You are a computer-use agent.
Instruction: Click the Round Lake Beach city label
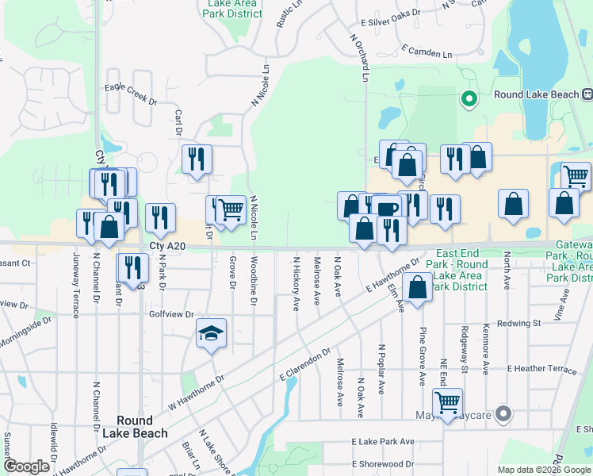tap(140, 427)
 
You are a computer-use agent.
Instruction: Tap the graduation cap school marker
tap(212, 334)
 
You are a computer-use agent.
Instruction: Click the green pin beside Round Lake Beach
tap(468, 99)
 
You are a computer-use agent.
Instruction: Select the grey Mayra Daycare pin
tap(503, 414)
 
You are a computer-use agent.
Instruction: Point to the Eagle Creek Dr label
tap(131, 102)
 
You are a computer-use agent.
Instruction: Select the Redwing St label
tap(518, 324)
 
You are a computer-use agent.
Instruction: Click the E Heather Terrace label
tap(543, 370)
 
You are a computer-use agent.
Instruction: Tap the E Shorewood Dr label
tap(384, 464)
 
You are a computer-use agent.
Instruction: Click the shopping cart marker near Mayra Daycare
tap(447, 402)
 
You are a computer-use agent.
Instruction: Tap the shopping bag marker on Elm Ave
tap(417, 287)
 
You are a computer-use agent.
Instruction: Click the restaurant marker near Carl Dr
tap(197, 159)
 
